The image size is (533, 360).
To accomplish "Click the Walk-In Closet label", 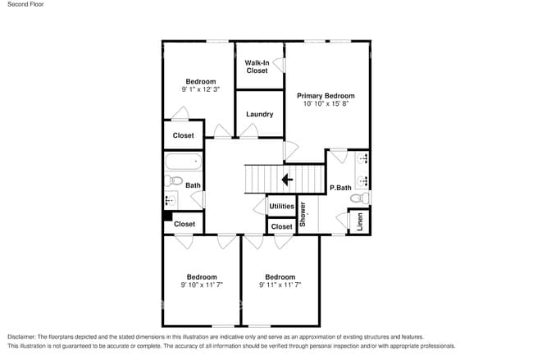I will [257, 66].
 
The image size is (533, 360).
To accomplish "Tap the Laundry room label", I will [259, 114].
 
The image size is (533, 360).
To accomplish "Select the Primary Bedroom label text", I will [326, 95].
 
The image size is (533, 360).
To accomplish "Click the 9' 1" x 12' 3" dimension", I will [201, 89].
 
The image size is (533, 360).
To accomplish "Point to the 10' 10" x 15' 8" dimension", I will [326, 103].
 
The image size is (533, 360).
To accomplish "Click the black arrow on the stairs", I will [287, 180].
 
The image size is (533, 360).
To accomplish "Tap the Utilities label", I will [281, 206].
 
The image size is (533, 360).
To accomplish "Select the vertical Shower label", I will [303, 214].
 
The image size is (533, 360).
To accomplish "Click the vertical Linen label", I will [359, 221].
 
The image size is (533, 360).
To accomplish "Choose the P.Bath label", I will [340, 188].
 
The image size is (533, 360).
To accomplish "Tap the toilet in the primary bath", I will [361, 198].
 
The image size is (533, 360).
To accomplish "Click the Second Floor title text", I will [25, 5].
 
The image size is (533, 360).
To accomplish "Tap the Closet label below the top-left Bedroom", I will [183, 135].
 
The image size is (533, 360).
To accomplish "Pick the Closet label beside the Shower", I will [281, 226].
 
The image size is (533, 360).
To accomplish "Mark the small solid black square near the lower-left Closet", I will [167, 217].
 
